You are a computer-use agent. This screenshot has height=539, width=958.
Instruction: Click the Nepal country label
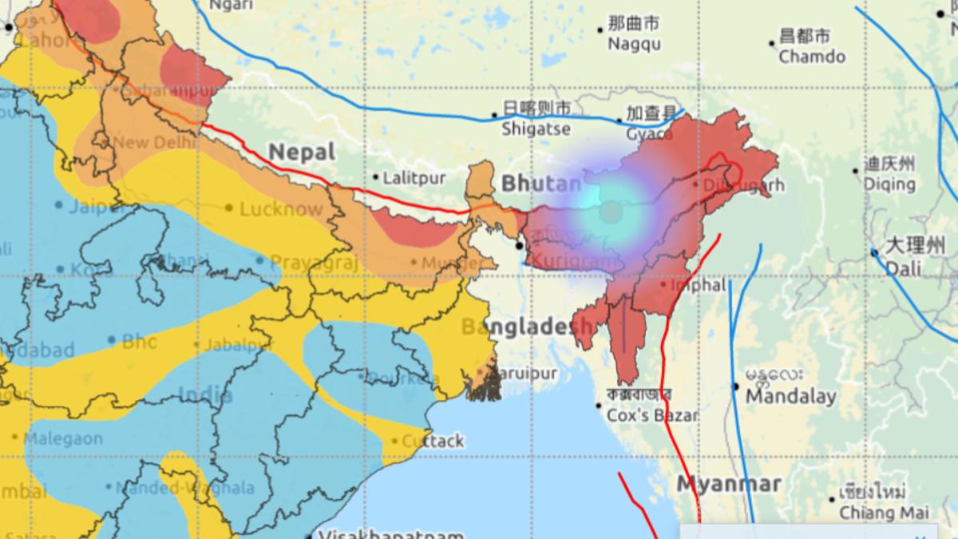[302, 152]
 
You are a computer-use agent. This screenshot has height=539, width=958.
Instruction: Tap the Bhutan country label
[541, 184]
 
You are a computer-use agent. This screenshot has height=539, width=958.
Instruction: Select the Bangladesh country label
[527, 327]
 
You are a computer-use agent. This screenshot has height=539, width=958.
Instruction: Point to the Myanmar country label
[729, 484]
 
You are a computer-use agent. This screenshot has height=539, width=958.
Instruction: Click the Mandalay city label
[790, 396]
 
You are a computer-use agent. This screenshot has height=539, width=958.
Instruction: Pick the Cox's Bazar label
[652, 415]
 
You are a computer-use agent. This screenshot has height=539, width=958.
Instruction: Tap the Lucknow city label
[281, 209]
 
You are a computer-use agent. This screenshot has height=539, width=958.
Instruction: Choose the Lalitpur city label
[414, 178]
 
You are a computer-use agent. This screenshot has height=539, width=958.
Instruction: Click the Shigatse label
[536, 128]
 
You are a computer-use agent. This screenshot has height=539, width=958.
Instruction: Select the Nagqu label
[634, 44]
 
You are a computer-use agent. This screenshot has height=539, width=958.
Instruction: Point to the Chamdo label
[812, 56]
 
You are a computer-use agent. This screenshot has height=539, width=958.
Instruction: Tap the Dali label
[904, 269]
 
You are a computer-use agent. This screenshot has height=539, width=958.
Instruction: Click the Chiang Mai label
[878, 512]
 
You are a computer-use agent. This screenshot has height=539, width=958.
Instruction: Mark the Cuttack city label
[433, 441]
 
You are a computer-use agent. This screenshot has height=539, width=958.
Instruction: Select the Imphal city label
[699, 284]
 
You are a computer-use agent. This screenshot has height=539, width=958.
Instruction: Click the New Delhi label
[154, 142]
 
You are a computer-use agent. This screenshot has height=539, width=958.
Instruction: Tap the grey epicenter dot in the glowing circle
[611, 212]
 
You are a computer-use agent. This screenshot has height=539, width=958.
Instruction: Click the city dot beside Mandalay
[736, 386]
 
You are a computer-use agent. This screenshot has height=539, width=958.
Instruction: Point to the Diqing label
[889, 184]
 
